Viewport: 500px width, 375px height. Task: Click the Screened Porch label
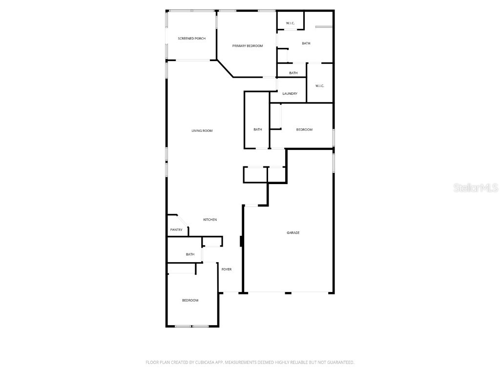[191, 38]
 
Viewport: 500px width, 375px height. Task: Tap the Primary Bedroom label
[248, 46]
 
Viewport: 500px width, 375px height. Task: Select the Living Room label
[202, 130]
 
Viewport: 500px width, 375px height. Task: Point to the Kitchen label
[210, 220]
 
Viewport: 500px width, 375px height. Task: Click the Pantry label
[176, 230]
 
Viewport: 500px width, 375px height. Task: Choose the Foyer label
[227, 270]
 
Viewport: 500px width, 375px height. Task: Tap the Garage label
[293, 232]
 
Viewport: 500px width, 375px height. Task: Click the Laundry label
[290, 94]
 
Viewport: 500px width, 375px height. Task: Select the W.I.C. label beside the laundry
[320, 86]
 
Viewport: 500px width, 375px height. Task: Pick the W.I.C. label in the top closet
[290, 23]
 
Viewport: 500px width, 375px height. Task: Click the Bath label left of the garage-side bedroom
[258, 129]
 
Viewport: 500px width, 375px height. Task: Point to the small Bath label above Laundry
[293, 73]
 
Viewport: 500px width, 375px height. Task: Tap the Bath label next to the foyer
[190, 254]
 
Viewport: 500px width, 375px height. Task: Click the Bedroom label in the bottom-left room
[190, 300]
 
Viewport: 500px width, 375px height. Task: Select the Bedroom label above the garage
[304, 129]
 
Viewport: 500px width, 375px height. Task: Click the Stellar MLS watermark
[476, 187]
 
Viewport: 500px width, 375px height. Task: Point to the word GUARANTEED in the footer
[339, 362]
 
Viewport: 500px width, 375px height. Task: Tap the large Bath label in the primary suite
[306, 43]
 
